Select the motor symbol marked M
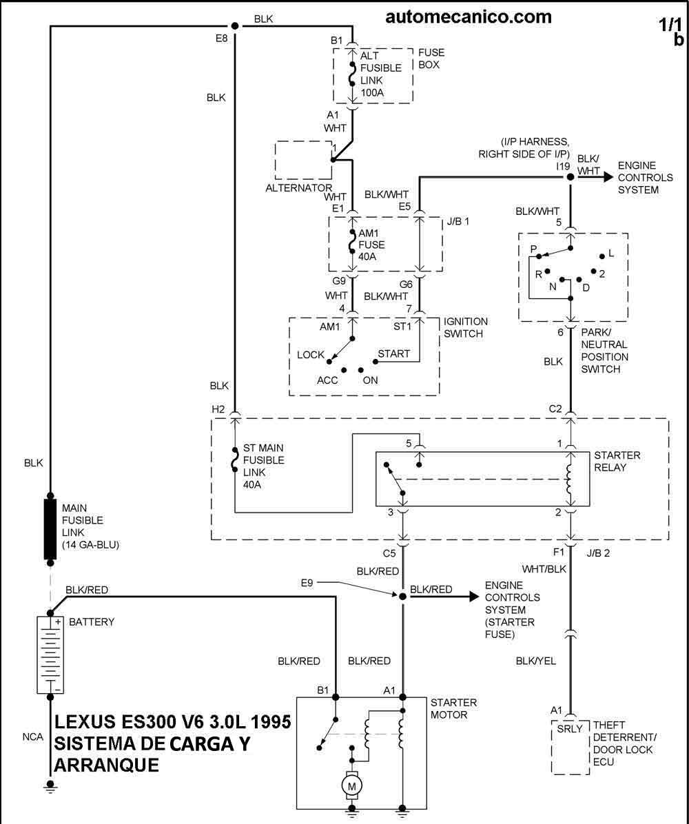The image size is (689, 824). [x=352, y=784]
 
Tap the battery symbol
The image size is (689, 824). [x=50, y=655]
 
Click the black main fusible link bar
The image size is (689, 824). [x=50, y=529]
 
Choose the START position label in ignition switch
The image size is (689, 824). [x=394, y=354]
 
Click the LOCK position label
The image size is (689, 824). [x=311, y=355]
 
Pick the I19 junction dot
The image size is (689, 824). [x=570, y=177]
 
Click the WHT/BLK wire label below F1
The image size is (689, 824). [x=544, y=569]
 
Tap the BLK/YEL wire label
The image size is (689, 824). [x=536, y=661]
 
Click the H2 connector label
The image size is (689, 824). [x=218, y=409]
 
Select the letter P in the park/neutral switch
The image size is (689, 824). [x=533, y=248]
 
